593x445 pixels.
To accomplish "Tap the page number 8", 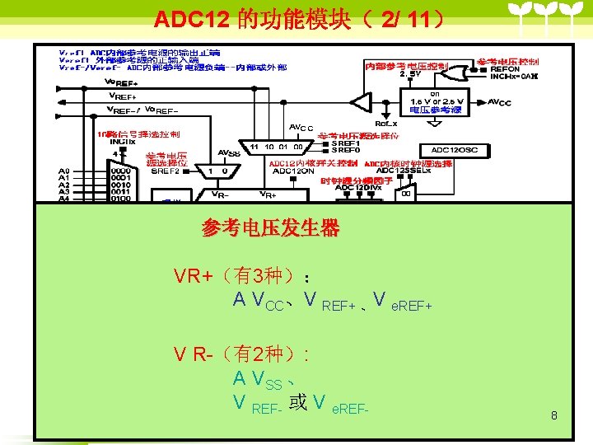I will pyautogui.click(x=554, y=415).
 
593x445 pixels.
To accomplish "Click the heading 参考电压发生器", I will pyautogui.click(x=270, y=228).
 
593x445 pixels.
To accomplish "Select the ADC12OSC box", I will pyautogui.click(x=454, y=150).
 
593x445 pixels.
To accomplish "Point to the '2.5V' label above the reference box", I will pyautogui.click(x=410, y=74).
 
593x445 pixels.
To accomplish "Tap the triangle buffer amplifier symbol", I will pyautogui.click(x=361, y=102).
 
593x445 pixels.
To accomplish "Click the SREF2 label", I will pyautogui.click(x=164, y=171).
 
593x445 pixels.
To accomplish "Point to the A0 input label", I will pyautogui.click(x=64, y=171).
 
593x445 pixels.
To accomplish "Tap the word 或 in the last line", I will pyautogui.click(x=298, y=403).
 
